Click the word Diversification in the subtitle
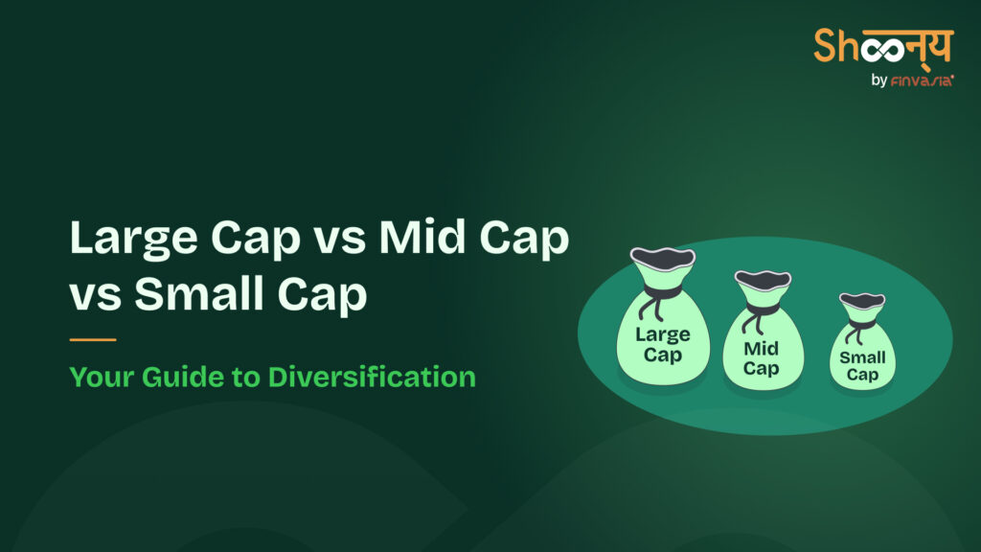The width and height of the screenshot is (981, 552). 372,377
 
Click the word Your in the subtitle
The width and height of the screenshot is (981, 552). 100,377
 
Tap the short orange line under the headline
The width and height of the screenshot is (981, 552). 93,339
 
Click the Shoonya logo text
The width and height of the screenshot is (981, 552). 883,46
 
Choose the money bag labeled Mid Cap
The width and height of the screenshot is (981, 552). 762,335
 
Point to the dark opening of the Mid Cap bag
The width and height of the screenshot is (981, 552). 762,280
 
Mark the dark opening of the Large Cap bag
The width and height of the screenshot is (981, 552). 662,257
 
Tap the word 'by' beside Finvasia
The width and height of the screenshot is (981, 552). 879,81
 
